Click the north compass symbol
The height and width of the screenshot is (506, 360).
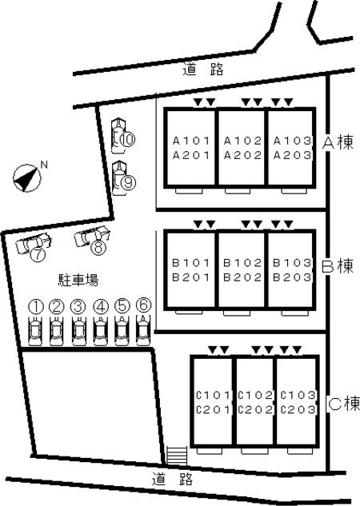[27, 178]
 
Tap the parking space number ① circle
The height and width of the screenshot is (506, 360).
[36, 307]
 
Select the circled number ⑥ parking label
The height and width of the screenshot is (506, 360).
[144, 305]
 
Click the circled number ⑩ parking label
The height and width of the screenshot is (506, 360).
[128, 139]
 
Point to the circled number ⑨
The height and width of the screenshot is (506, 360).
[128, 183]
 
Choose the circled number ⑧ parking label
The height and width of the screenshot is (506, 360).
[98, 248]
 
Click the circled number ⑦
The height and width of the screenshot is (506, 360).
[38, 255]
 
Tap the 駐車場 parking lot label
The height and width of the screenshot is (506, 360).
[78, 280]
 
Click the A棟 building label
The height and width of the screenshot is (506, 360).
[338, 142]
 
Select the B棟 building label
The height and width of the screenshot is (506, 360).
[338, 266]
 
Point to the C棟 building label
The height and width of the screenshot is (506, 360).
[344, 404]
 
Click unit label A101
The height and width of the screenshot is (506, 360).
[191, 141]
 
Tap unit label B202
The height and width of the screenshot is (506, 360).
[242, 277]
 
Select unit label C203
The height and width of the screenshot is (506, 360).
[298, 410]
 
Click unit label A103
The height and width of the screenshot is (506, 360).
[293, 141]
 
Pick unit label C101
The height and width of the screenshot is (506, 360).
[214, 395]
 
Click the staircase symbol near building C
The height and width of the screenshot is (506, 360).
[177, 456]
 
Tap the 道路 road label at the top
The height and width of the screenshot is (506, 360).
[203, 69]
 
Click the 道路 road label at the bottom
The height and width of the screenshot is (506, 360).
[172, 479]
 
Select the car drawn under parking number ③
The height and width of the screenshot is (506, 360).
[78, 331]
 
